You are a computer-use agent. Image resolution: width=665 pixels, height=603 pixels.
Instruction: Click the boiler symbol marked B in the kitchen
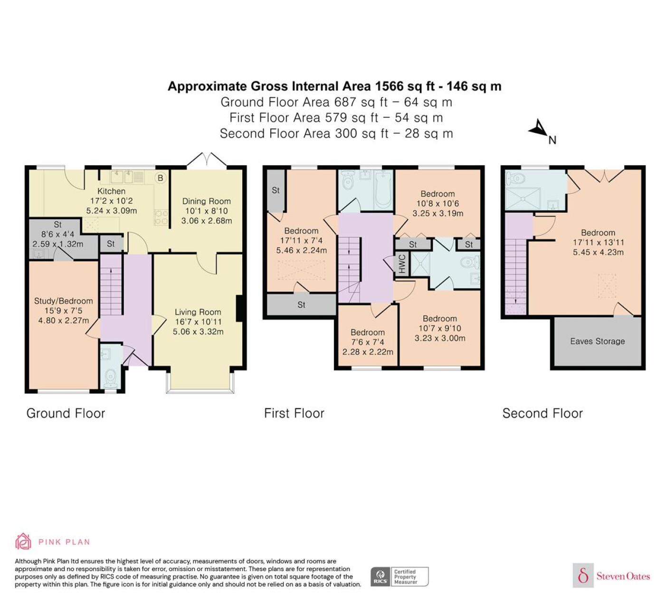(x=160, y=178)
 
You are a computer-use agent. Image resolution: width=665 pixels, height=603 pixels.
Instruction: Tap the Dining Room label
(x=206, y=201)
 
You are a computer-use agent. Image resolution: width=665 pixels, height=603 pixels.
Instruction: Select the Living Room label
(x=198, y=312)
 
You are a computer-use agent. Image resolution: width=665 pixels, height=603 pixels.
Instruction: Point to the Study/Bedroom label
(x=63, y=301)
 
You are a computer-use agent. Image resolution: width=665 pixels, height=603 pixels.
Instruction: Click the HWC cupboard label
(x=402, y=264)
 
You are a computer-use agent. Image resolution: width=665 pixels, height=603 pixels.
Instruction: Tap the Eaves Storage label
(x=598, y=341)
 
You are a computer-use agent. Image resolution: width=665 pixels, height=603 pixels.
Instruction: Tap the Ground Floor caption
(x=66, y=414)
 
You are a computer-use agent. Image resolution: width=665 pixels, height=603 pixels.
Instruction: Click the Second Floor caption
(x=542, y=414)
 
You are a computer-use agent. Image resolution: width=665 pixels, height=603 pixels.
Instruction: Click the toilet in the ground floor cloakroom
(x=109, y=379)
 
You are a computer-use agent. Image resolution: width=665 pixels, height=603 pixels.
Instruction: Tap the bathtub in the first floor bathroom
(x=383, y=190)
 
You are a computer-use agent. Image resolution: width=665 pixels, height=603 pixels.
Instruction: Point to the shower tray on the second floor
(x=523, y=198)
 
